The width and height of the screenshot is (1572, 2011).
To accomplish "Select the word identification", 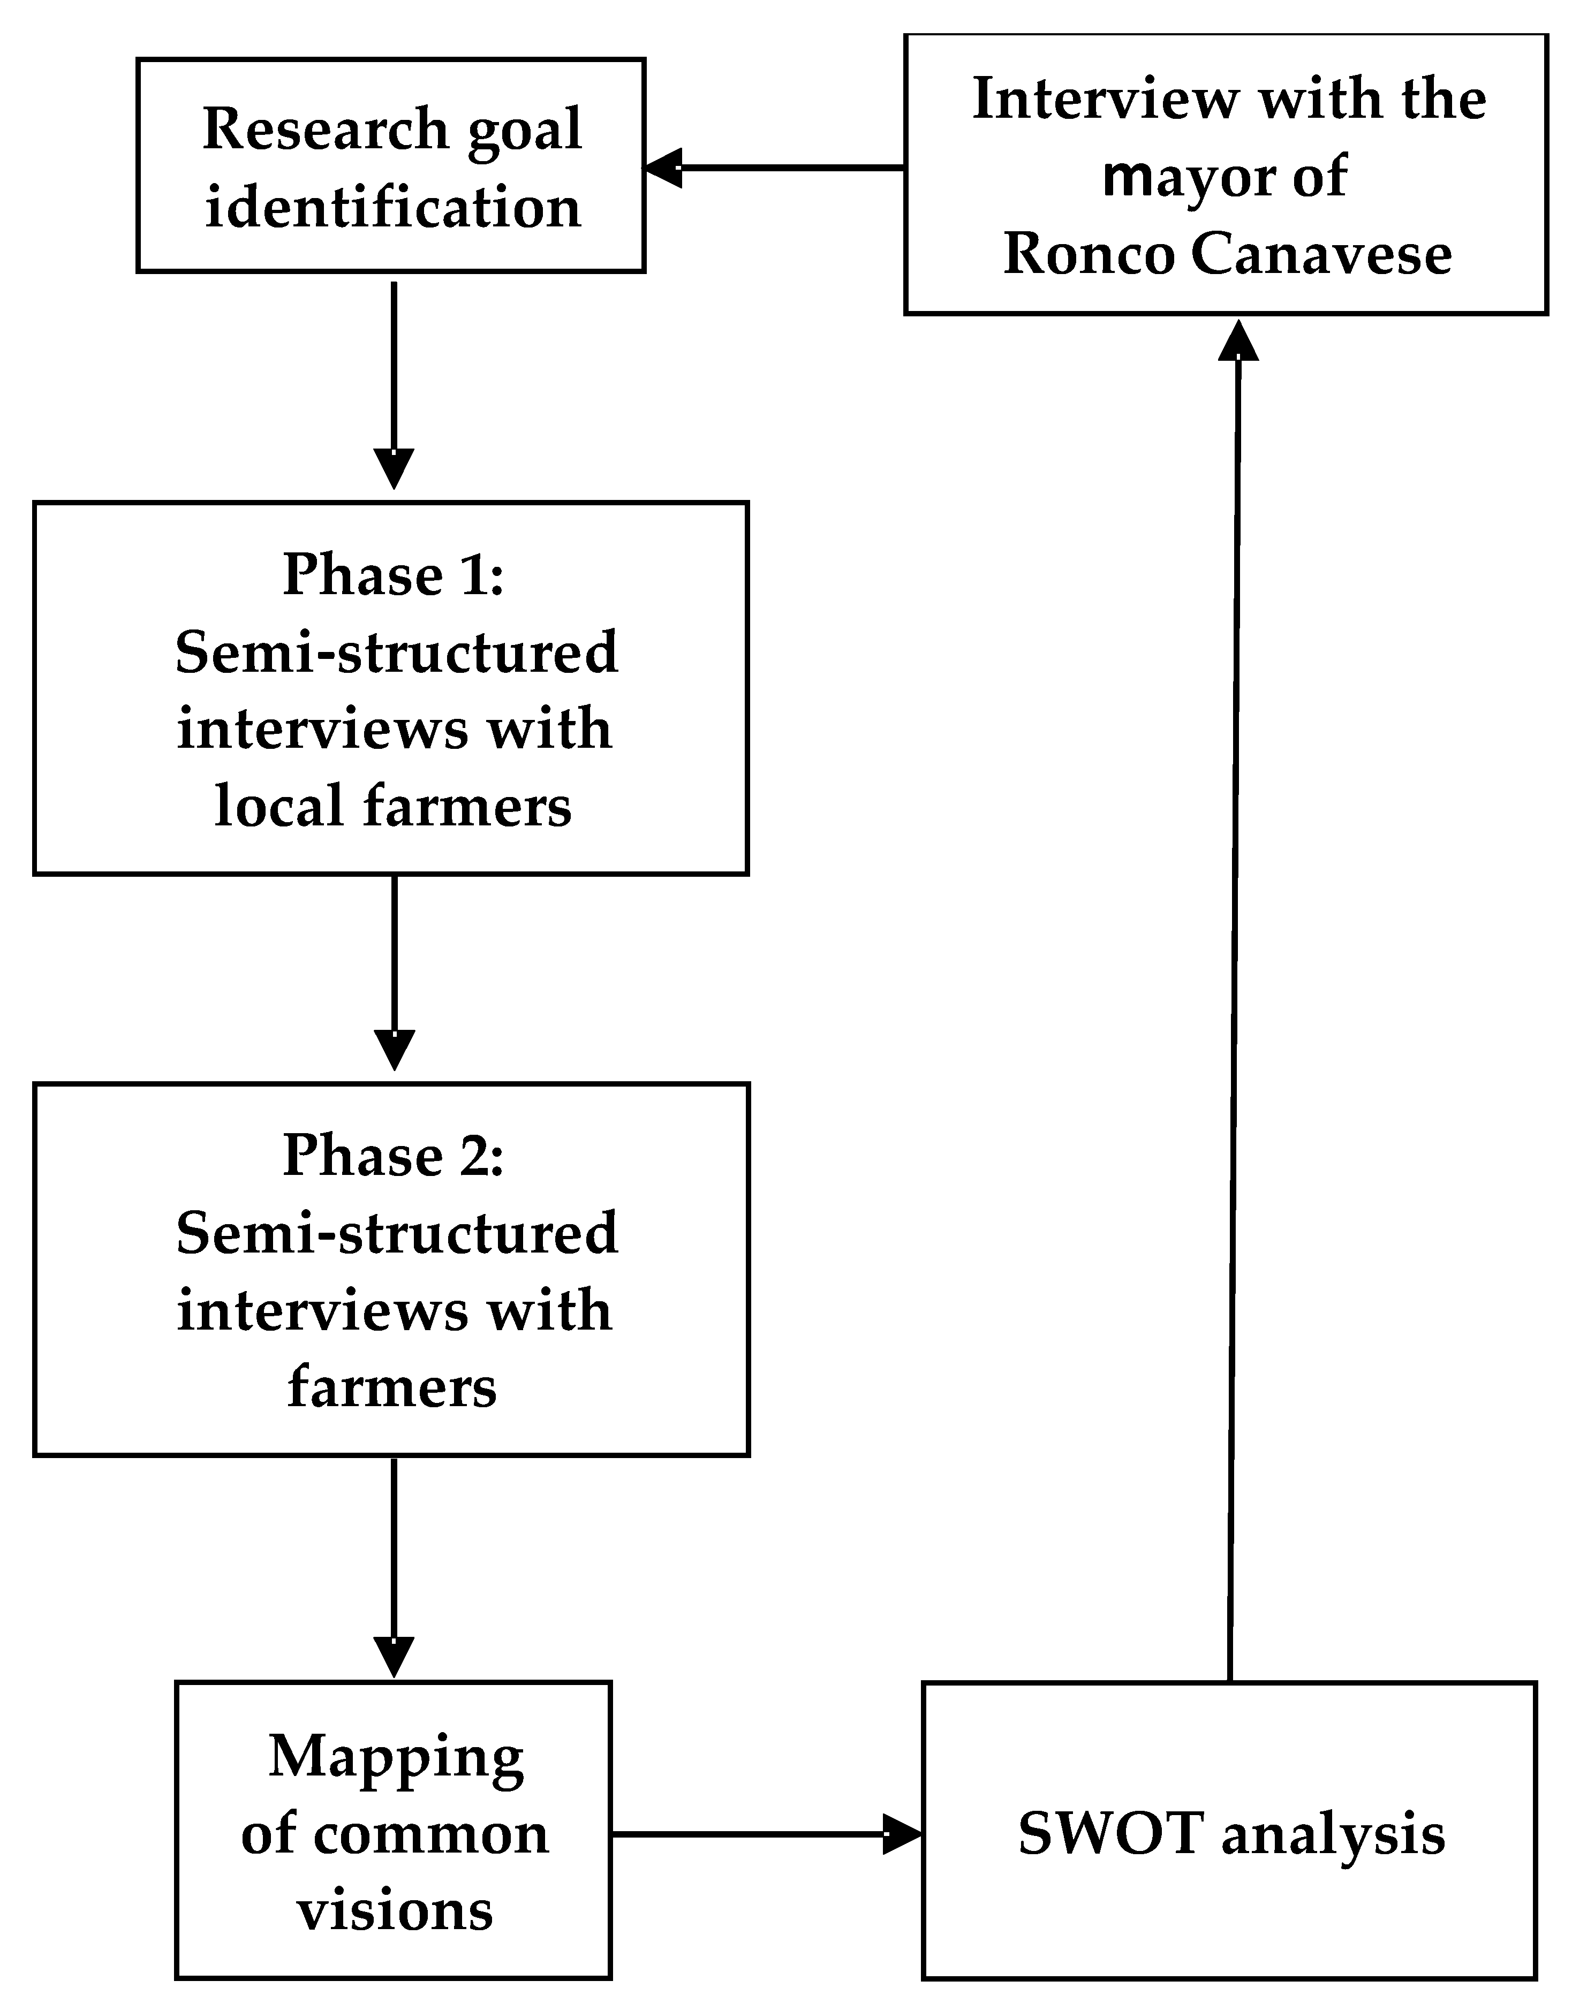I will point(393,208).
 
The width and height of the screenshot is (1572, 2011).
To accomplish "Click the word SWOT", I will point(1110,1833).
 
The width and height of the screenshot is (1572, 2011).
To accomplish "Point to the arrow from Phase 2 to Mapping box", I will point(394,1565).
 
